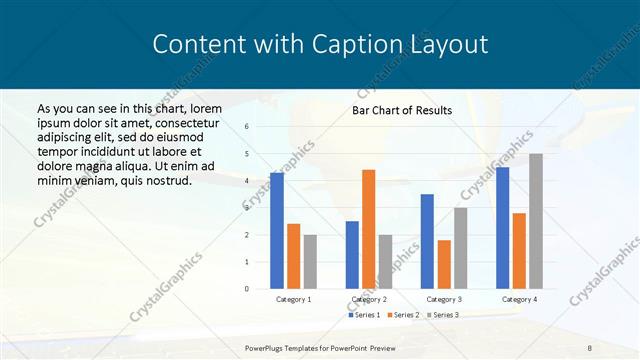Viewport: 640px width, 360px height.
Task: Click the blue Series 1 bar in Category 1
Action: click(277, 231)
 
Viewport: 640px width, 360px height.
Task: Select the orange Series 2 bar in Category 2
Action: click(368, 229)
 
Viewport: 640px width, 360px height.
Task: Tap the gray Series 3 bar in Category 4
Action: click(536, 221)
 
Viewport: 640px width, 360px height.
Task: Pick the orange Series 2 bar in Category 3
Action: click(444, 264)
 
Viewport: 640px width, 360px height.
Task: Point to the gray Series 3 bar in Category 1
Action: click(310, 261)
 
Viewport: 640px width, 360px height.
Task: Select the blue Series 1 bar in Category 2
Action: click(352, 255)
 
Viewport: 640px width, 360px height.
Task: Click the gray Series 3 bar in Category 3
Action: click(460, 248)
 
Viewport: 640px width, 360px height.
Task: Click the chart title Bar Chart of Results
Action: click(401, 110)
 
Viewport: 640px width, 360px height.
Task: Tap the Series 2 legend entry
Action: click(404, 315)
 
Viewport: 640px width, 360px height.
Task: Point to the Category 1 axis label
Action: click(293, 299)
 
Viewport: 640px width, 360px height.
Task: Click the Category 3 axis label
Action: click(443, 299)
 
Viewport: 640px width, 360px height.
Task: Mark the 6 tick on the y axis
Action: click(247, 127)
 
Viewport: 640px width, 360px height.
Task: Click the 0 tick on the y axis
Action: click(247, 289)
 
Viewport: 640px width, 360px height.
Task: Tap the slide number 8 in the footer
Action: click(589, 347)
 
